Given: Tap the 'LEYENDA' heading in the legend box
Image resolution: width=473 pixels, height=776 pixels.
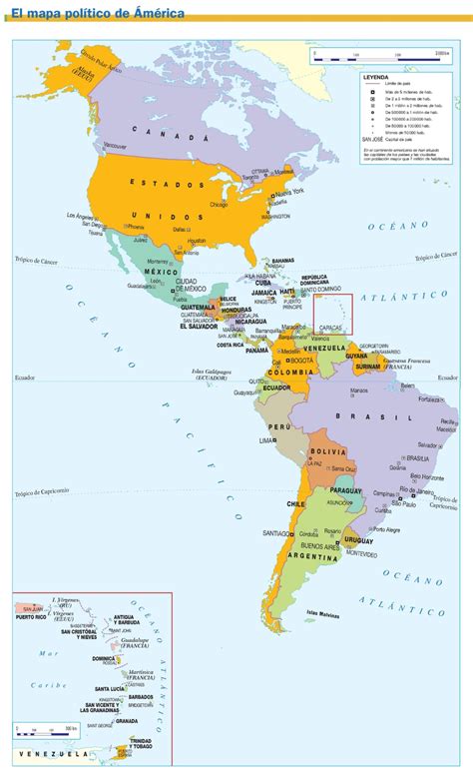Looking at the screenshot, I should coord(376,75).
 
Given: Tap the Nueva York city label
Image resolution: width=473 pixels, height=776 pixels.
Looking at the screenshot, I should coord(290,192).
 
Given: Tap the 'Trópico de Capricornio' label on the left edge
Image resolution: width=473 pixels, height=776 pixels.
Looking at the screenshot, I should coord(42,492).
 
